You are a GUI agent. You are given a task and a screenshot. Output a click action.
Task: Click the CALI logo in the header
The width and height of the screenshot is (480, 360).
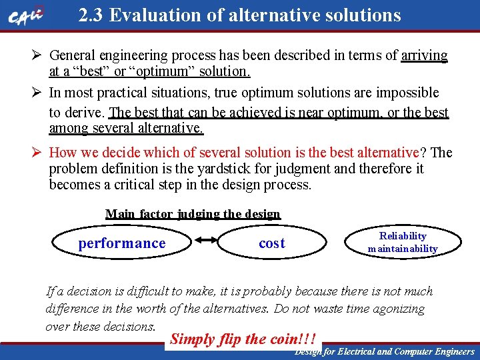click(x=27, y=16)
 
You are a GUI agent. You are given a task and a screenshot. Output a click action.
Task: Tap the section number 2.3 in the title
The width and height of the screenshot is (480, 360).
click(x=91, y=15)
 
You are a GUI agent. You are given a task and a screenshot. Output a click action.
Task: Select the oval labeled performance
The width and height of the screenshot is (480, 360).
click(x=122, y=243)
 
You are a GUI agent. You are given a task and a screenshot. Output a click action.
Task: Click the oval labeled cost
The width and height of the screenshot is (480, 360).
click(x=272, y=243)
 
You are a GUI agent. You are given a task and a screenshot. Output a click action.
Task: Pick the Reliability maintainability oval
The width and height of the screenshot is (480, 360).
click(x=403, y=243)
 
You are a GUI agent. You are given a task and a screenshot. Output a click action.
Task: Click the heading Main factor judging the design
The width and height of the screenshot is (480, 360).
click(x=193, y=214)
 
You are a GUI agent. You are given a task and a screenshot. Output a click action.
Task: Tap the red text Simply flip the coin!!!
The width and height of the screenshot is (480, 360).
click(x=243, y=339)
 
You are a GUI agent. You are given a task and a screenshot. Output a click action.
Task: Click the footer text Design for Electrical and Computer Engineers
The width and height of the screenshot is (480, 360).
click(x=385, y=351)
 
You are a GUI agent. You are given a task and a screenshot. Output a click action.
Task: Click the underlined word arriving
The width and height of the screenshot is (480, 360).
click(x=425, y=55)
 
